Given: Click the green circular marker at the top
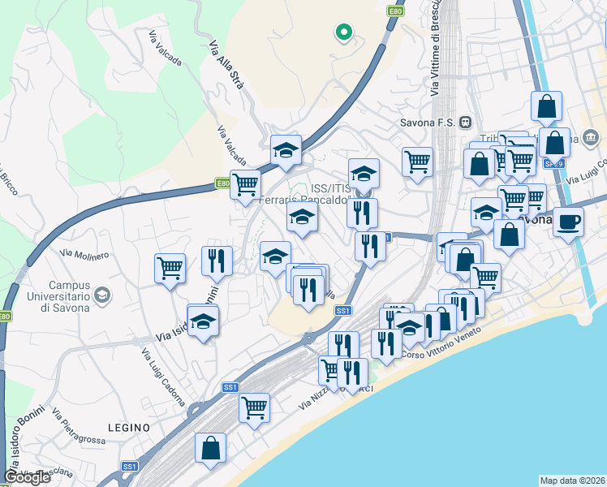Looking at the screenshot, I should [343, 32].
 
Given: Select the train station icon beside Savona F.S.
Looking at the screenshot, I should [465, 123].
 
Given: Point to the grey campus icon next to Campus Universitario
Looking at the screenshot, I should [101, 294].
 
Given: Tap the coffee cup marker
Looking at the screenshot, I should [569, 220].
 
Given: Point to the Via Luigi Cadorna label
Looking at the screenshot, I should [163, 377].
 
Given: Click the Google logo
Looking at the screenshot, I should [27, 477].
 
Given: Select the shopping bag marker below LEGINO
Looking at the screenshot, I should [210, 447].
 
